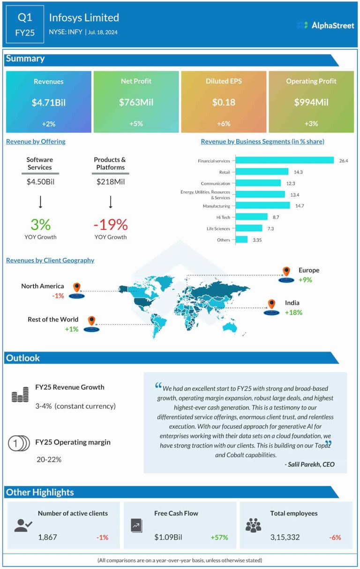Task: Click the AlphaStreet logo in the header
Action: click(326, 25)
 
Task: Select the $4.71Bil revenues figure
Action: click(48, 102)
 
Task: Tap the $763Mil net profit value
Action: click(136, 102)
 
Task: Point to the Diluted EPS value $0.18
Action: click(224, 102)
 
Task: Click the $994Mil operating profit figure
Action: click(311, 102)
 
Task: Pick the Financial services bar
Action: click(285, 160)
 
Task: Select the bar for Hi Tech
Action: click(251, 217)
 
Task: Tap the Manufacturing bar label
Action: click(216, 206)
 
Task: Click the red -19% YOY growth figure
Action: click(111, 224)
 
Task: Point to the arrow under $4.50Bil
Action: click(40, 202)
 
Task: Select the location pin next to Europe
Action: click(286, 272)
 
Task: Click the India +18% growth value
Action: click(293, 312)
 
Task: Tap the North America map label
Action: click(42, 286)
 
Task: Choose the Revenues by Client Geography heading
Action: click(50, 260)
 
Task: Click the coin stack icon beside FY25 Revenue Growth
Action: click(20, 396)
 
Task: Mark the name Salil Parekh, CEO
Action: click(309, 464)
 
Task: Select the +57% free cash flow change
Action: click(219, 537)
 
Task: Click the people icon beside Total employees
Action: click(253, 525)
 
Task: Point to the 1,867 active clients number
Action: click(47, 537)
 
